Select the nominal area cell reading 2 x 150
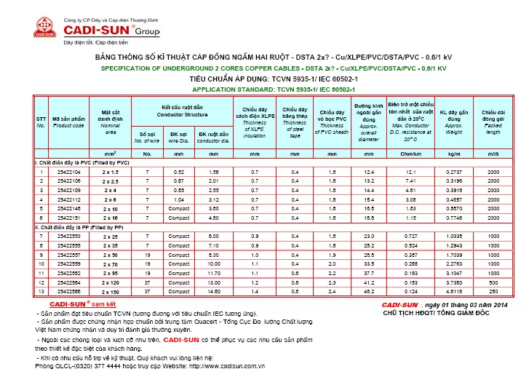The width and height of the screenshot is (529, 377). (110, 291)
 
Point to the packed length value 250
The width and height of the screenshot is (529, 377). (493, 291)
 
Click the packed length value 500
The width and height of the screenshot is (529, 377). (493, 282)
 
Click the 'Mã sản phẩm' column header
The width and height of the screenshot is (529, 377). (69, 122)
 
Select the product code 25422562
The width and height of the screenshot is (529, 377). (69, 272)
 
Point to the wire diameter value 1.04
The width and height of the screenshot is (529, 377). (179, 199)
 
